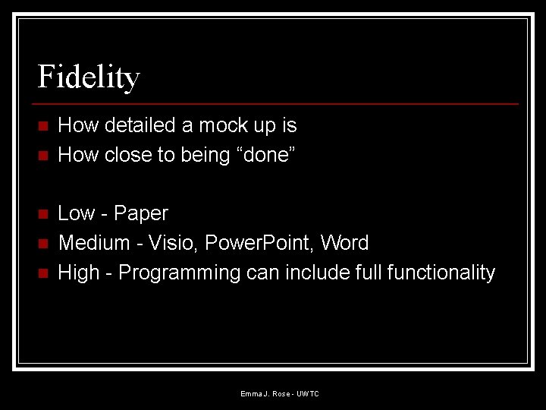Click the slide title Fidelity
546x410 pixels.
(89, 77)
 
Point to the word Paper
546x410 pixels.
(141, 213)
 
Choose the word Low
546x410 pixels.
(76, 213)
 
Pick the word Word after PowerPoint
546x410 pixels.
(344, 243)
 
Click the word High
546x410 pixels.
(79, 273)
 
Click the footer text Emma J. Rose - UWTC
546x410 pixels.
(280, 393)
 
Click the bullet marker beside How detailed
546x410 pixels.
(42, 126)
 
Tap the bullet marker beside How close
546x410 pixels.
(42, 156)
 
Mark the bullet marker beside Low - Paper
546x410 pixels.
(42, 214)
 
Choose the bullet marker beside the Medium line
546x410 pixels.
(42, 244)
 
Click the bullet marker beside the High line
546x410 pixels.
(42, 273)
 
